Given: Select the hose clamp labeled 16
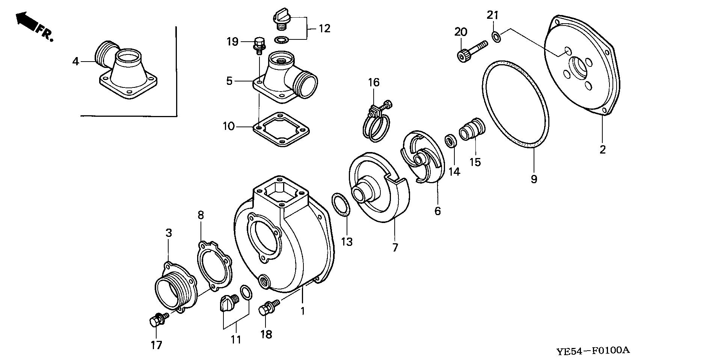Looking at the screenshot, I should pyautogui.click(x=374, y=126).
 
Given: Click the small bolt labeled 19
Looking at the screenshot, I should pyautogui.click(x=259, y=45).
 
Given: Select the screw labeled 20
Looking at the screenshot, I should pyautogui.click(x=471, y=51).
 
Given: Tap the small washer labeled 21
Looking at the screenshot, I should pyautogui.click(x=495, y=37).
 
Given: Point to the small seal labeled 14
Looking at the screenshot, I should pyautogui.click(x=450, y=141).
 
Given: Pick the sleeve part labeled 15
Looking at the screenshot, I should pyautogui.click(x=472, y=129).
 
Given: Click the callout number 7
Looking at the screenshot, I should pyautogui.click(x=395, y=248).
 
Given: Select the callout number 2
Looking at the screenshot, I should pyautogui.click(x=602, y=150).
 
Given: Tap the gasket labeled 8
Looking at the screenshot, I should pyautogui.click(x=214, y=266).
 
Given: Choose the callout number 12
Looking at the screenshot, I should pyautogui.click(x=324, y=29).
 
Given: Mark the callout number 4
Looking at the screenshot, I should pyautogui.click(x=76, y=61).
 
